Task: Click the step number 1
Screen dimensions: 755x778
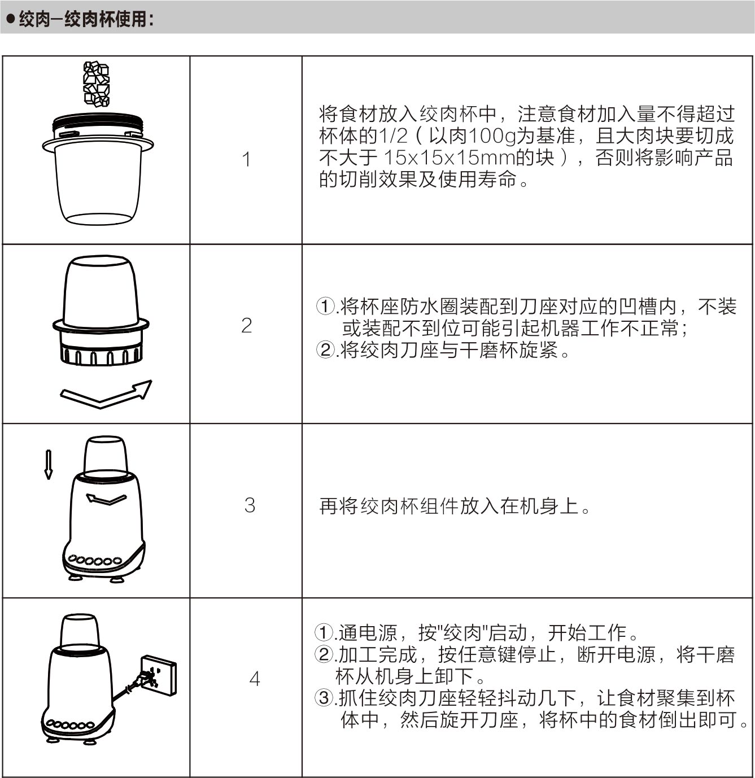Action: tap(246, 159)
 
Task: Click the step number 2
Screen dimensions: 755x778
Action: tap(247, 325)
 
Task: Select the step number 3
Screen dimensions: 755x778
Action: tap(250, 505)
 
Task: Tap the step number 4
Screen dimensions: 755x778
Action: tap(255, 679)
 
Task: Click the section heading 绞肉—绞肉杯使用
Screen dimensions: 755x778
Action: tap(86, 19)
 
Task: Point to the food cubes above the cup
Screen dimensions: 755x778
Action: tap(96, 84)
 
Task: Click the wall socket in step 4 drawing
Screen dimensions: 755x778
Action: tap(159, 675)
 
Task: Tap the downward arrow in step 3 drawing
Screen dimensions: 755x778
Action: tap(49, 464)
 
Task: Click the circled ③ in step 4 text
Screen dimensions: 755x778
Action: tap(324, 698)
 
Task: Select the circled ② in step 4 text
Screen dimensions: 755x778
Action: tap(324, 654)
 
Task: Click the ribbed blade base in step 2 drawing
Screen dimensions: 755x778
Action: tap(101, 353)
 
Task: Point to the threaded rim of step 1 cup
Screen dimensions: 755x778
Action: tap(98, 120)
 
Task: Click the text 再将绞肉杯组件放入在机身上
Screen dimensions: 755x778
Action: tap(449, 506)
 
